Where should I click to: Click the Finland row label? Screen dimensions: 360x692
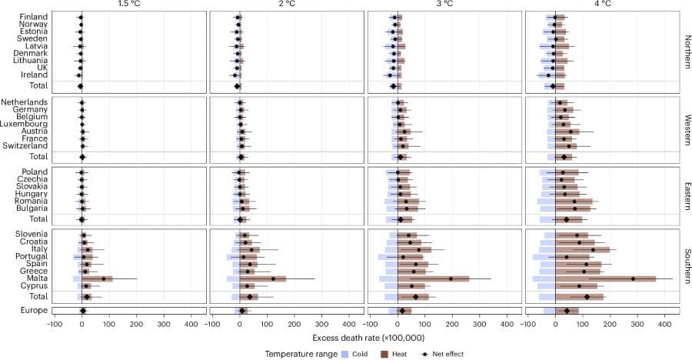[34, 17]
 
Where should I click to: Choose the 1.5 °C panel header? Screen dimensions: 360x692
[129, 5]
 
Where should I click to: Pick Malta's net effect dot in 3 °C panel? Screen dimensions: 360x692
[451, 278]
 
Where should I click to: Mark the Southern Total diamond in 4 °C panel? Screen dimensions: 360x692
[587, 296]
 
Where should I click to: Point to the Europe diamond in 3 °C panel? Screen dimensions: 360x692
[401, 311]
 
